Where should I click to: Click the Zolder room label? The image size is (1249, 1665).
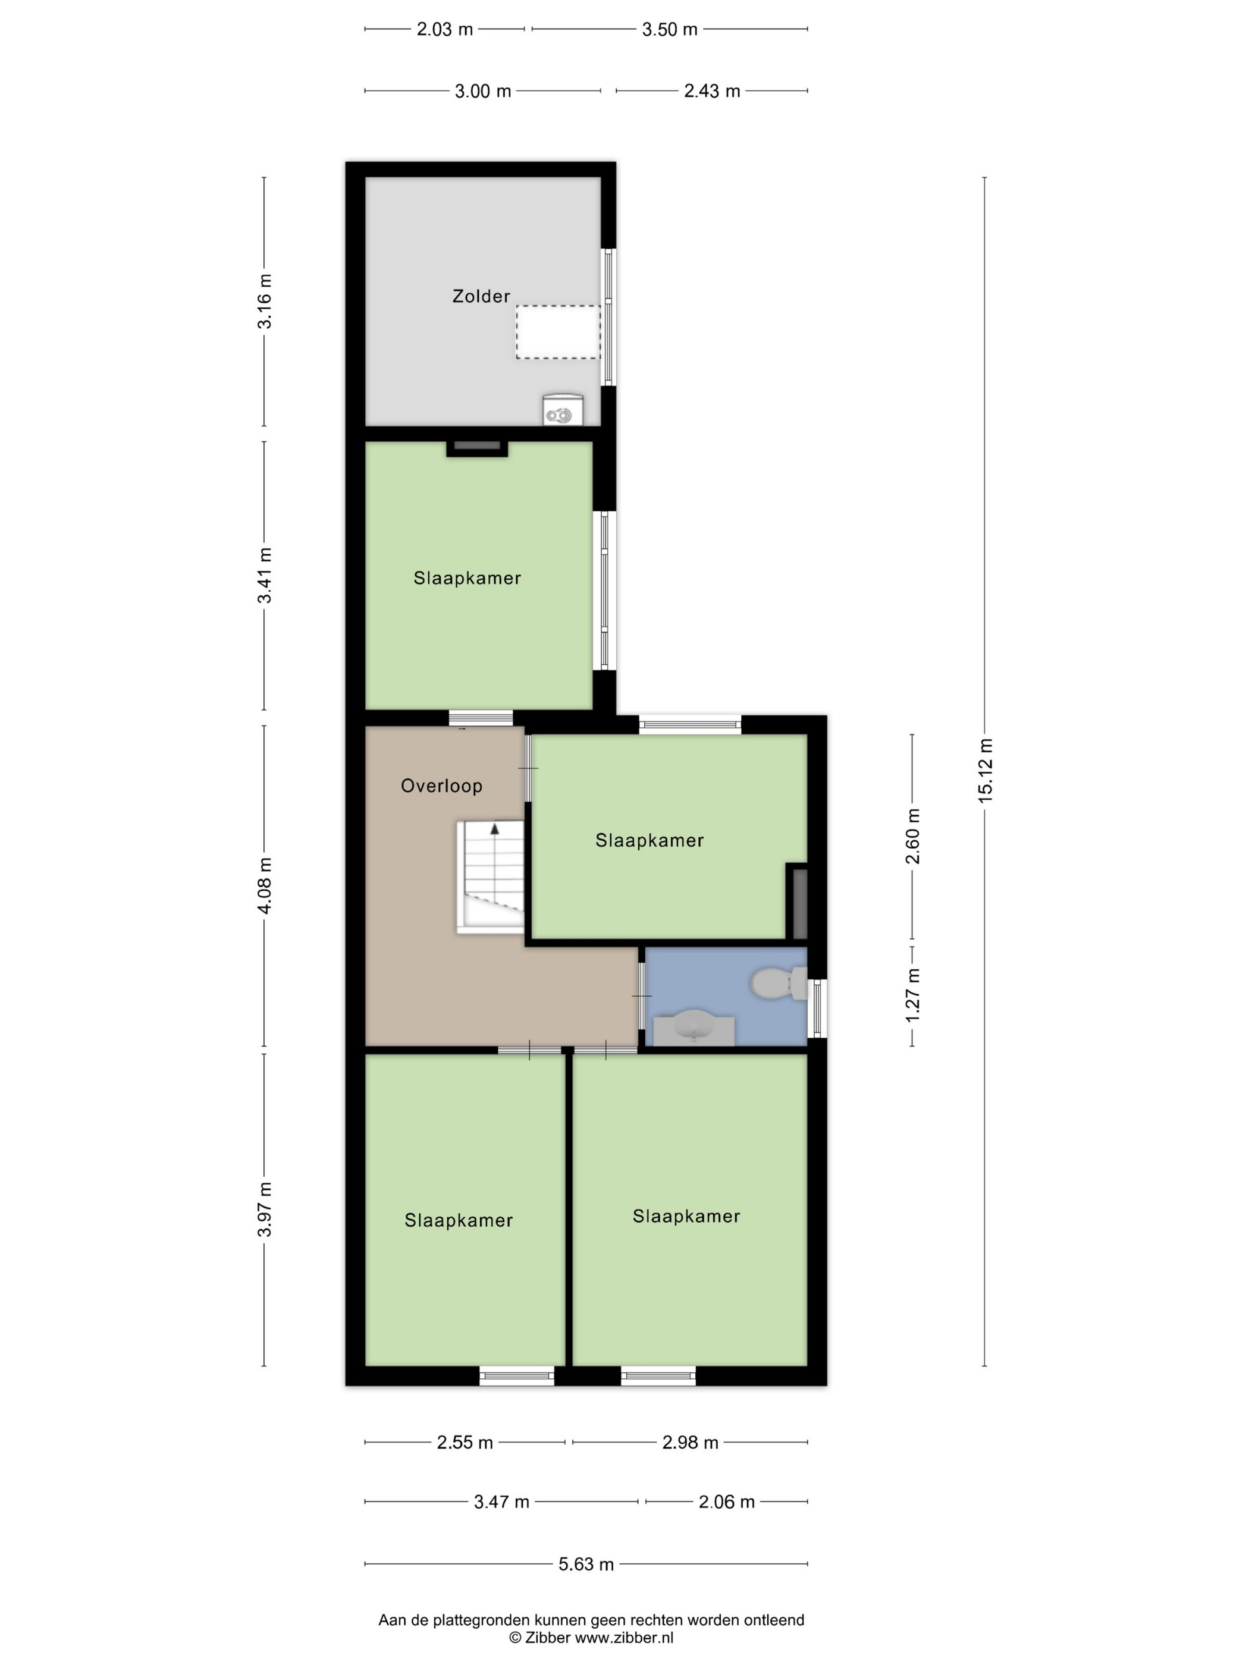(x=481, y=296)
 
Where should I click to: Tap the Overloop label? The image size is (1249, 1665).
(x=441, y=786)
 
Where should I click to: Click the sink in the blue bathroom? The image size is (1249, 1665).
(x=693, y=1030)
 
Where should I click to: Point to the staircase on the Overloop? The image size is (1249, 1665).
(x=490, y=878)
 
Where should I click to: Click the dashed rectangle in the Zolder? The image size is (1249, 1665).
(x=558, y=332)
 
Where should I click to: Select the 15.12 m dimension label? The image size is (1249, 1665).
(x=986, y=770)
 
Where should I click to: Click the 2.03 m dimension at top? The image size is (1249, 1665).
(x=445, y=29)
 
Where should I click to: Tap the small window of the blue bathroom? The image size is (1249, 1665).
(x=818, y=1008)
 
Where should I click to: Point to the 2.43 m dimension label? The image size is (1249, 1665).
(x=711, y=91)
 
